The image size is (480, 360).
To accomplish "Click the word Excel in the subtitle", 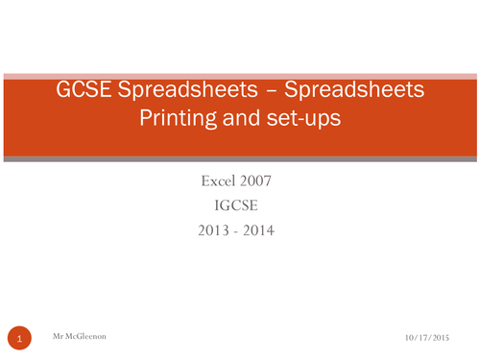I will tap(220, 180).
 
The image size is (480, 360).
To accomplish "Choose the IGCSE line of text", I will tap(239, 205).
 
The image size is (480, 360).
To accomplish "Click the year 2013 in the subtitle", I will tap(214, 230).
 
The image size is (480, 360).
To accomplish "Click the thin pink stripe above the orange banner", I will tap(240, 75).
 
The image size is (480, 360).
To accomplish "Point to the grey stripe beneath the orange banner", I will tap(240, 158).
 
